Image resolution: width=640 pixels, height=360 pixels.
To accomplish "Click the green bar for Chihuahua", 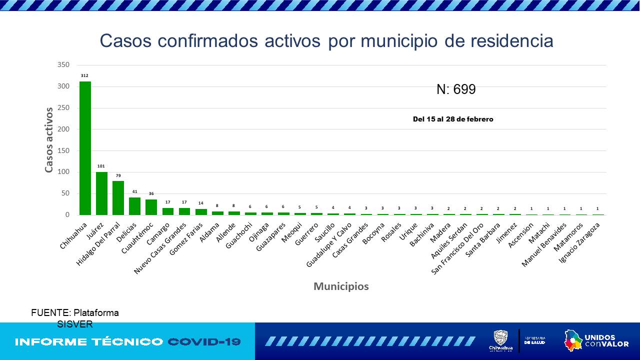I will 85,148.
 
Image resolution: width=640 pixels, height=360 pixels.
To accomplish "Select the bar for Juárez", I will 101,193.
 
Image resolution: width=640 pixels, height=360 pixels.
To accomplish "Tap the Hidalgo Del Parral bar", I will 118,198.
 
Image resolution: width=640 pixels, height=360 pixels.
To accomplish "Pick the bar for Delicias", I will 134,206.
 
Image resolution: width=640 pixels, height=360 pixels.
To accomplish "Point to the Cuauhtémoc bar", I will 151,207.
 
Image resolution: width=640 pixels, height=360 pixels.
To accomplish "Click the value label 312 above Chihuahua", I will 84,76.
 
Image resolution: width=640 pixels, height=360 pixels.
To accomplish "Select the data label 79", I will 118,175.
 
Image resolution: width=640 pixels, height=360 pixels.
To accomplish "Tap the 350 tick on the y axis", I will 63,65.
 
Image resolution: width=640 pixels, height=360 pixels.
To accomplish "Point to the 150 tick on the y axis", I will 63,151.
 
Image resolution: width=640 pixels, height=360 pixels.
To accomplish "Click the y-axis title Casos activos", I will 49,140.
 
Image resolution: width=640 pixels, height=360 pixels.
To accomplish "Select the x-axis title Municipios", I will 341,286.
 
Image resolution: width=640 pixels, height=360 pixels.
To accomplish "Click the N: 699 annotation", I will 456,89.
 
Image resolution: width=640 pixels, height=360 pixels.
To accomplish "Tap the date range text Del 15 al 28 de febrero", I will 453,119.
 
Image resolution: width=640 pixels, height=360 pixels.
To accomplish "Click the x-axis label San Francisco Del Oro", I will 458,248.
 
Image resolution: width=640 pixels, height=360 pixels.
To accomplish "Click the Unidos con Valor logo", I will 596,341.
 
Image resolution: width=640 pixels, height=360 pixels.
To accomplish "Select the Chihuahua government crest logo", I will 500,341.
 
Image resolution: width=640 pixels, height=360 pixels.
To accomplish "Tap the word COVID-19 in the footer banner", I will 204,342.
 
